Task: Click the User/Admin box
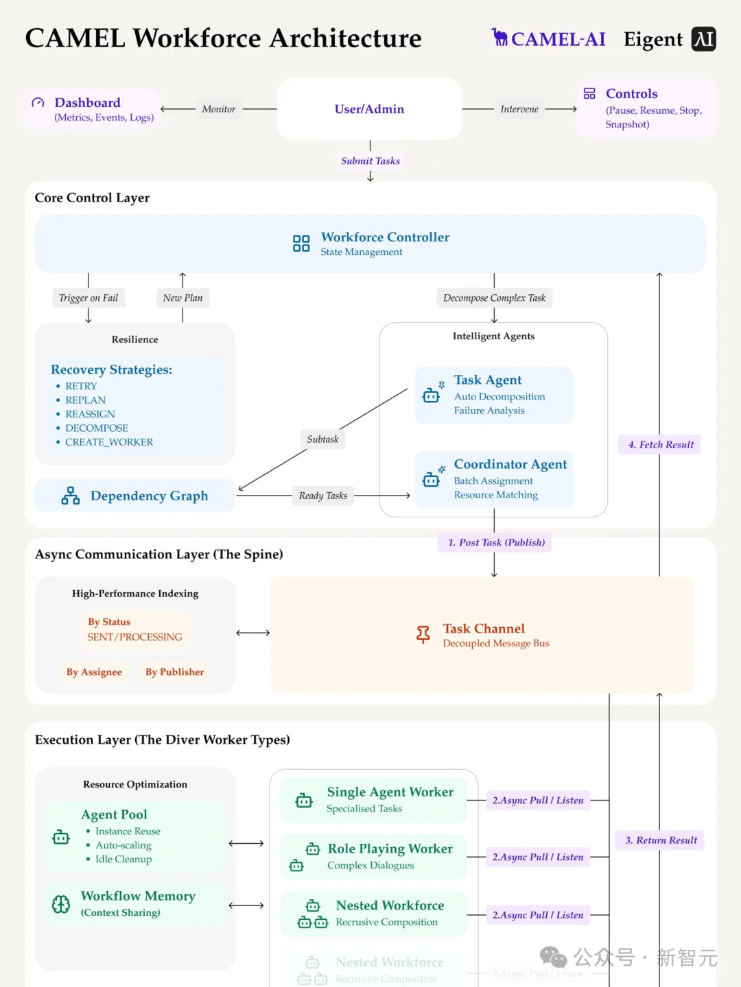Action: coord(369,109)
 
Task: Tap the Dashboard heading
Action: coord(87,103)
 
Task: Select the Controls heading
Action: coord(631,94)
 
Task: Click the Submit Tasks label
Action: coord(370,161)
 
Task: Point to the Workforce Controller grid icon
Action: coord(301,243)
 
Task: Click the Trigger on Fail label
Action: coord(89,298)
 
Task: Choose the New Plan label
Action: coord(183,298)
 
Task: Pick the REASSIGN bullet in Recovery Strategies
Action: coord(90,414)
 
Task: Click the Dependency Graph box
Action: coord(135,496)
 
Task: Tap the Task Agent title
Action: coord(488,380)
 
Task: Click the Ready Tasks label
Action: coord(322,496)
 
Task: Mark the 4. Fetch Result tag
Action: coord(660,445)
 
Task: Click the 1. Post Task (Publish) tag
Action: coord(495,543)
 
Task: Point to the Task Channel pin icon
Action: coord(423,635)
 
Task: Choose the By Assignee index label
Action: coord(94,672)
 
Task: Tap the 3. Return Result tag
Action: coord(660,840)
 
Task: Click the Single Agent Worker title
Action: coord(390,792)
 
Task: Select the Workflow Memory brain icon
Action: coord(61,905)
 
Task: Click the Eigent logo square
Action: coord(703,39)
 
